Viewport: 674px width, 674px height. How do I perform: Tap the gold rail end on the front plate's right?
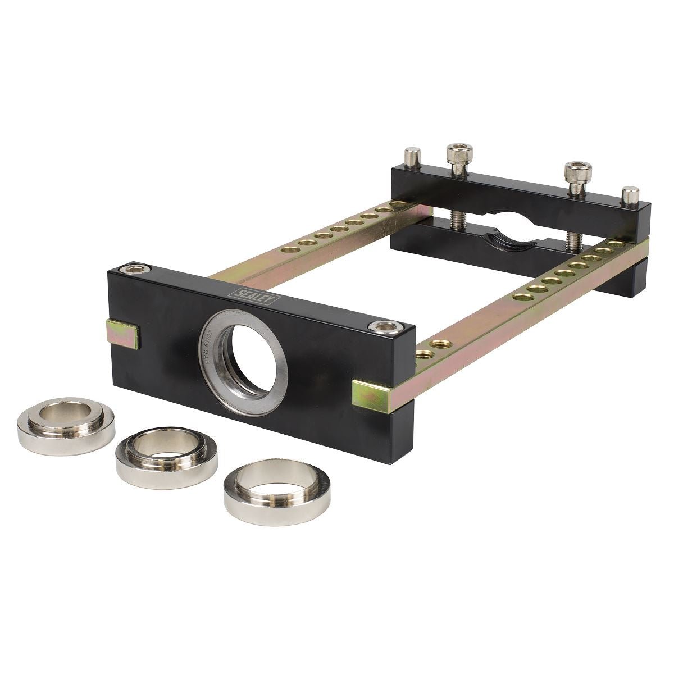369,393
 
